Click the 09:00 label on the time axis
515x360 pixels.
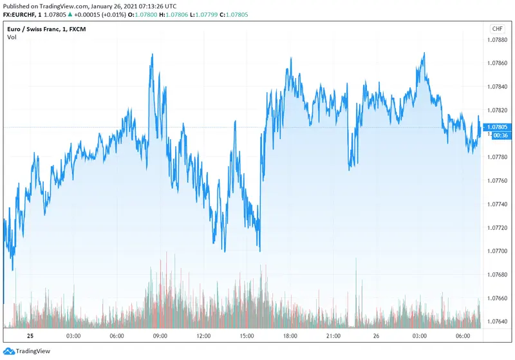pyautogui.click(x=160, y=336)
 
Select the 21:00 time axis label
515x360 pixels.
pyautogui.click(x=333, y=336)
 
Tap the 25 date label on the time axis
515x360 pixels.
pyautogui.click(x=29, y=336)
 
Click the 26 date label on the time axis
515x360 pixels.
pyautogui.click(x=377, y=336)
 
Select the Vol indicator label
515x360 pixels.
pyautogui.click(x=12, y=37)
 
